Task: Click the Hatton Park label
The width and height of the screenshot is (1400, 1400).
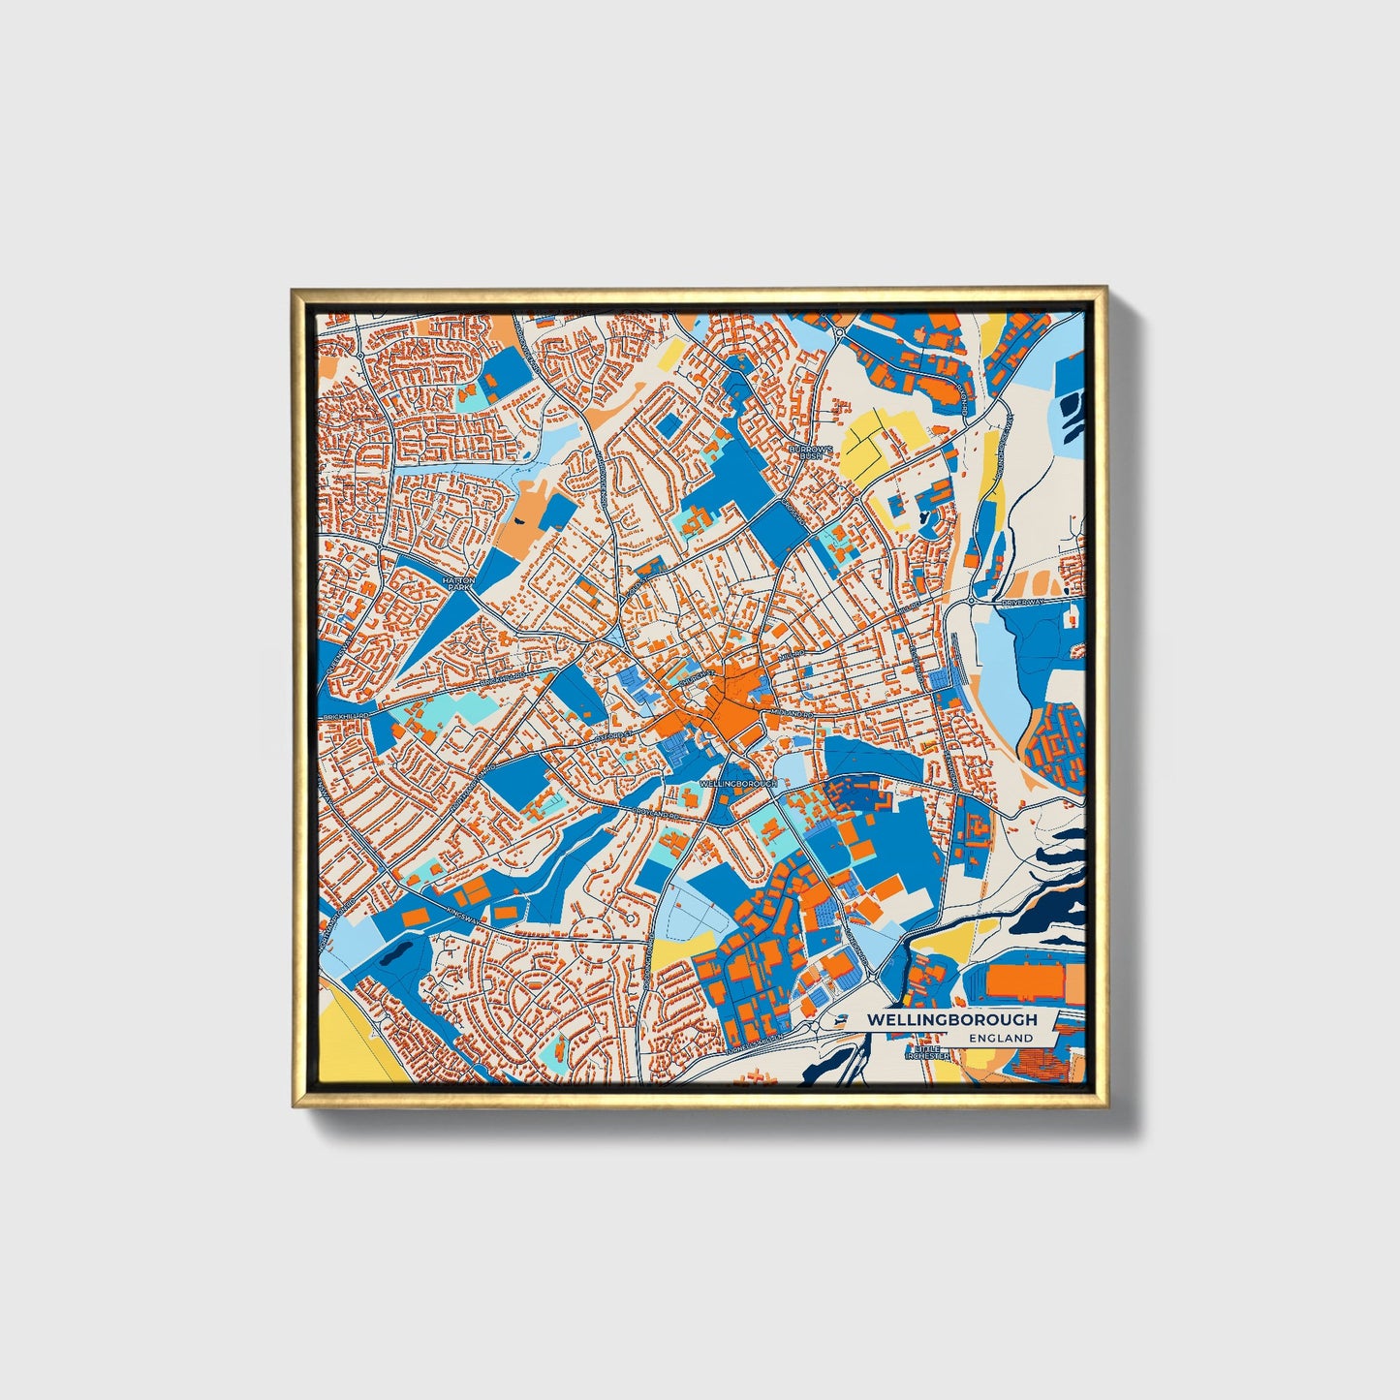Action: click(454, 582)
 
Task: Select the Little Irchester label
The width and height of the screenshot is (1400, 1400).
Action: click(926, 1053)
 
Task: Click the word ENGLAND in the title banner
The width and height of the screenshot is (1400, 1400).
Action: click(1001, 1038)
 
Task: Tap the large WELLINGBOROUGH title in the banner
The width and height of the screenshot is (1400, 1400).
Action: click(951, 1019)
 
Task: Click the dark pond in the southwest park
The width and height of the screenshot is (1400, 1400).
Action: click(395, 956)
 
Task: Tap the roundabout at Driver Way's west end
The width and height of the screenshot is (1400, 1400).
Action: click(971, 602)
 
